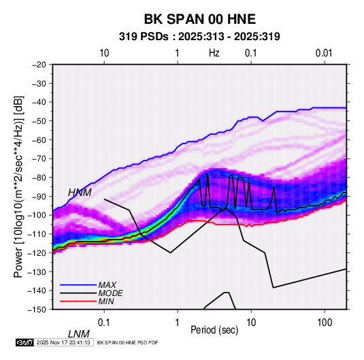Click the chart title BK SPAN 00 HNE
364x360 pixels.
point(199,19)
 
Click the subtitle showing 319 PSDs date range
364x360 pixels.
point(199,37)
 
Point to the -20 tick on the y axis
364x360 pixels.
point(39,65)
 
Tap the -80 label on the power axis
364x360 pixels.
point(39,178)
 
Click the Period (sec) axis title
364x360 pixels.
point(214,330)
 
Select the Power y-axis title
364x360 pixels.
point(18,186)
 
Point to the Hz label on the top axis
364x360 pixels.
point(214,53)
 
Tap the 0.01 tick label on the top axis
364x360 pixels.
point(324,53)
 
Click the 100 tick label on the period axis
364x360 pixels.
point(325,323)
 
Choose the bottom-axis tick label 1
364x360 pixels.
point(178,323)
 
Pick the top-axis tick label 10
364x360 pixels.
point(104,53)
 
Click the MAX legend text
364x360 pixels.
point(107,285)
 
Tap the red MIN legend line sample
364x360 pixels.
point(78,301)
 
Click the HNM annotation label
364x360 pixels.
point(80,193)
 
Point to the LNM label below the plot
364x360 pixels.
point(79,334)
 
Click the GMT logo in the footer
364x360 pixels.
point(25,342)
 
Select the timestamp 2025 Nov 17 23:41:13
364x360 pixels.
point(63,342)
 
